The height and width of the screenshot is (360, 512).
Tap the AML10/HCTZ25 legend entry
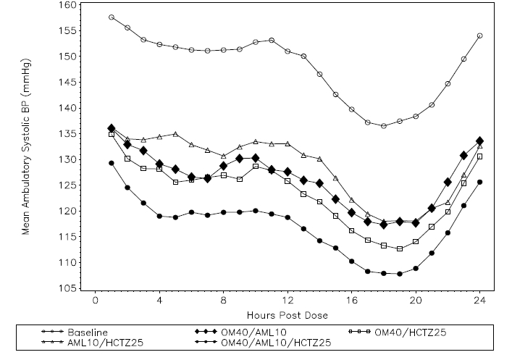(x=95, y=342)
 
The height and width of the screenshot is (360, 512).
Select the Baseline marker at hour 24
(x=480, y=35)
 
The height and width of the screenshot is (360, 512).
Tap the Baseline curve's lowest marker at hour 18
(x=384, y=126)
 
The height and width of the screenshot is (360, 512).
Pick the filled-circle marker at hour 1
(x=112, y=163)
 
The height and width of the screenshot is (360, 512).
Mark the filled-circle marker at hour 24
(x=480, y=182)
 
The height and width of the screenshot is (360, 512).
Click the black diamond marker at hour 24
(x=480, y=141)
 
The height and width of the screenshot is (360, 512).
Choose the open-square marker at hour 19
(x=400, y=248)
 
